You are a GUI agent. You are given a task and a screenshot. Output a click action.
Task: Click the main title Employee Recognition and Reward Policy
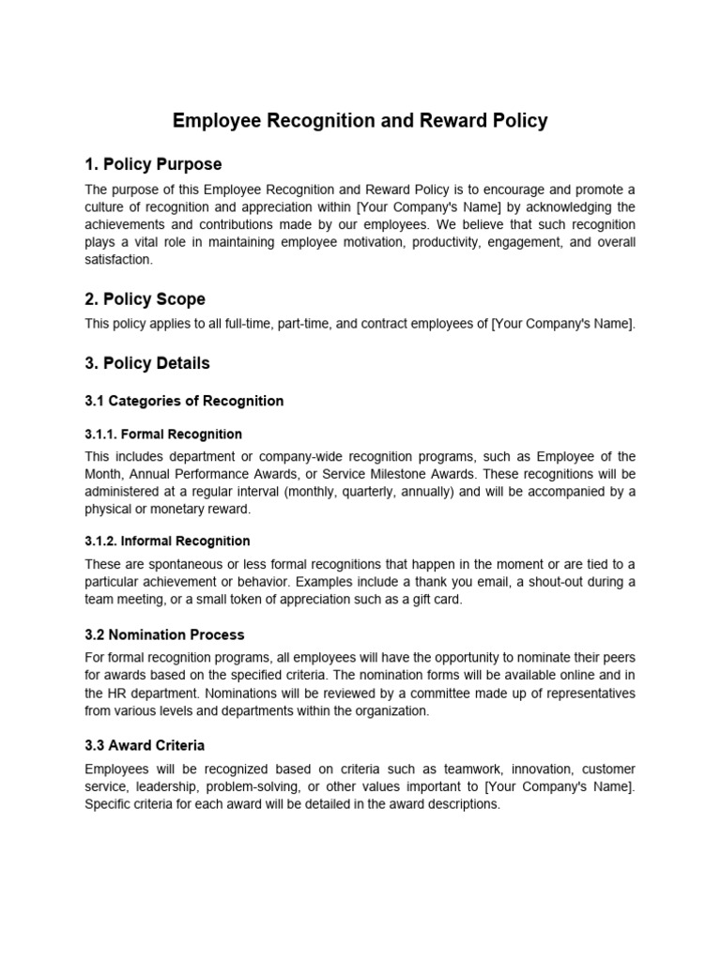(360, 121)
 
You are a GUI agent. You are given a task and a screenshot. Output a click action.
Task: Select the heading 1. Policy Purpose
(153, 165)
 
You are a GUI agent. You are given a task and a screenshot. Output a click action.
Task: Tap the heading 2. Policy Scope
(145, 299)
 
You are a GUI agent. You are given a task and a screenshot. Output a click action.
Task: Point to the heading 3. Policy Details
(147, 363)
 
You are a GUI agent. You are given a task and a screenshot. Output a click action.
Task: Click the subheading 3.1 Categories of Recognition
(184, 401)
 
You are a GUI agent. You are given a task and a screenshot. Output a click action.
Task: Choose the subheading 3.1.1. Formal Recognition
(163, 435)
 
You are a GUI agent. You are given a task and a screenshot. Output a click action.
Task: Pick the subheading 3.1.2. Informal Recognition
(167, 542)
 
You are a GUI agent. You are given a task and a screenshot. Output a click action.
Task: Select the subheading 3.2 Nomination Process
(164, 635)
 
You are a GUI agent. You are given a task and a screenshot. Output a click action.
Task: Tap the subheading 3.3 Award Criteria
(145, 746)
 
